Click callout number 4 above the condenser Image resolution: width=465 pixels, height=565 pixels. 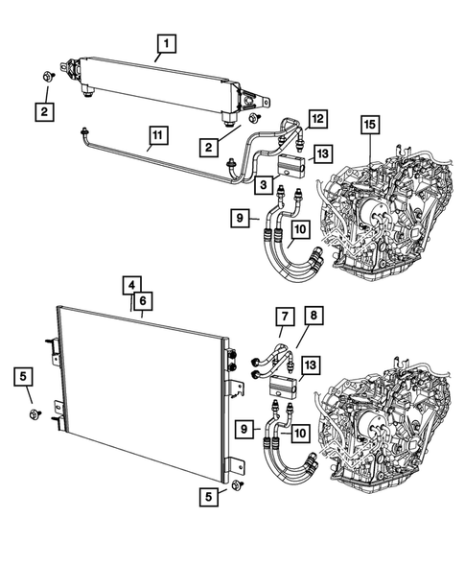coord(128,285)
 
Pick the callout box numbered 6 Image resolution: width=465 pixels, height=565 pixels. coord(142,300)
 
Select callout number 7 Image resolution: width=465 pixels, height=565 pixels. coord(285,318)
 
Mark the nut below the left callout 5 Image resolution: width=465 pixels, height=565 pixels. coord(34,414)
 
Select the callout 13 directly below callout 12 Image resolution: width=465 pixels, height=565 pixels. coord(321,153)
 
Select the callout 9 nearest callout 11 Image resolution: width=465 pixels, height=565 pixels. coord(242,220)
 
